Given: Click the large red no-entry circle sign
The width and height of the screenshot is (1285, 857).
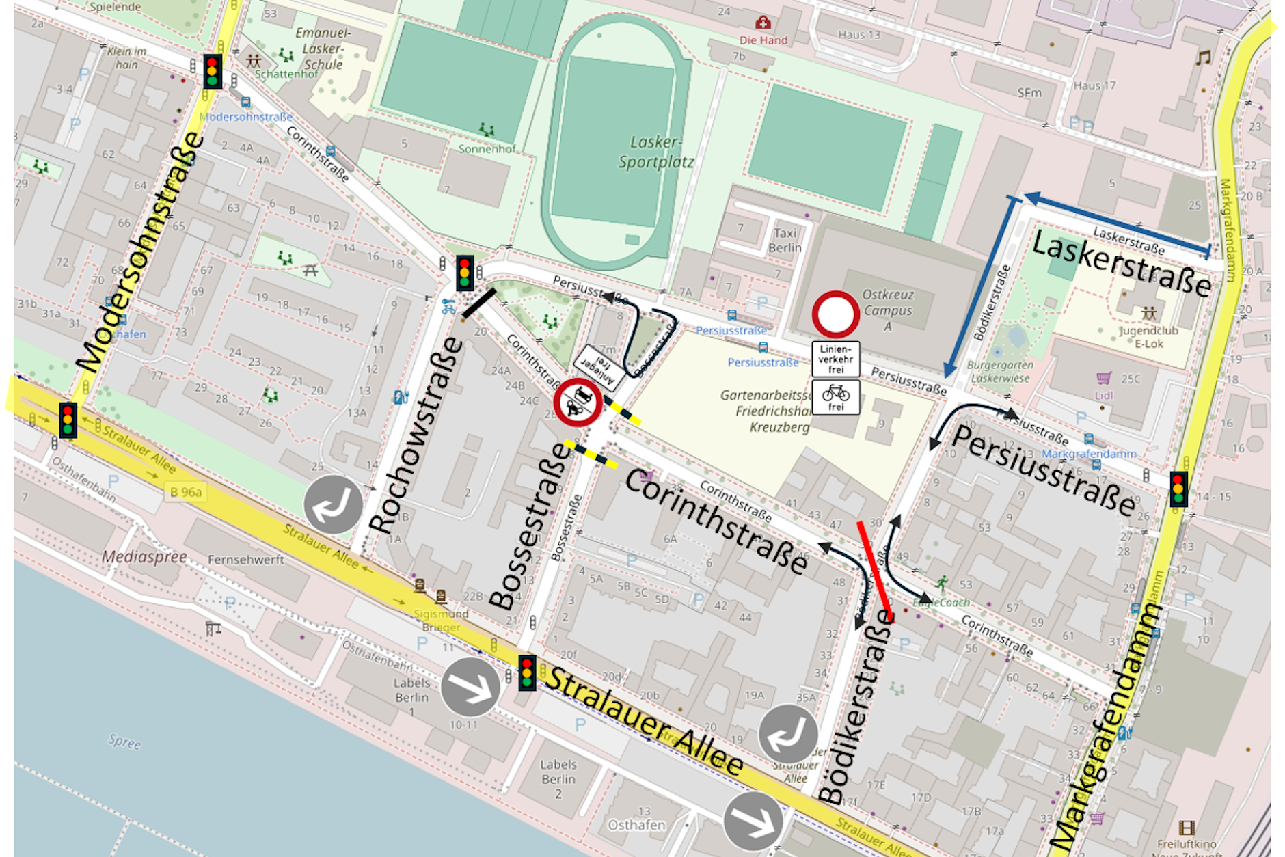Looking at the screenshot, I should point(835,314).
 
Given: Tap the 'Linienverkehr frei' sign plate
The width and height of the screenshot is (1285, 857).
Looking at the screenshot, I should point(835,359).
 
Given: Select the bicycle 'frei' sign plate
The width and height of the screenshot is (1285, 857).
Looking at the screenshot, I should point(835,397).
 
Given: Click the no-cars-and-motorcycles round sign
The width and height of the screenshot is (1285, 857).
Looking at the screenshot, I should point(578,403).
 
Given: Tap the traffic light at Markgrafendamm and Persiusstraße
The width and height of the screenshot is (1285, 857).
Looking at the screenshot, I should point(1178,488).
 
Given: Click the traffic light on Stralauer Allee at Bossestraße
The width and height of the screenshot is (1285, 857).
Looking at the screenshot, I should point(526,672).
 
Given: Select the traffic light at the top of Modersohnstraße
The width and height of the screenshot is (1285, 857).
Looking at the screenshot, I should point(212,70).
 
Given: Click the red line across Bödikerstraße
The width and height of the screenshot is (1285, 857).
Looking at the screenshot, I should point(875,571).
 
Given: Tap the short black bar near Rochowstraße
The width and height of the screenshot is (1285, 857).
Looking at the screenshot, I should point(478,303).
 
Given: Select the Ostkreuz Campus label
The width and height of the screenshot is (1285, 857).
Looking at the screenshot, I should point(887,310).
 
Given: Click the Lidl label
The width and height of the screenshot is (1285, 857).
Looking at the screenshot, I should point(1103,395).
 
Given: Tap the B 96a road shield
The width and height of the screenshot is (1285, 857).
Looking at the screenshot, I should point(186,491).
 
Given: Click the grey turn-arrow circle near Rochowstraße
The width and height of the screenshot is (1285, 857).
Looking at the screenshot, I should point(333,504).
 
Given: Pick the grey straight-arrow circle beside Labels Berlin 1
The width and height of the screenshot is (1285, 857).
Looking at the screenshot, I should point(470,687).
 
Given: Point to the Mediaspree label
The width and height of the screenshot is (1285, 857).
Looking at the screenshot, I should point(144,556).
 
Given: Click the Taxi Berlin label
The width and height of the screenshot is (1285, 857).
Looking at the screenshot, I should point(785,240).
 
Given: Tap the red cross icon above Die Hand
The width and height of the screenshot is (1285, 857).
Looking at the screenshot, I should point(763,23).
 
